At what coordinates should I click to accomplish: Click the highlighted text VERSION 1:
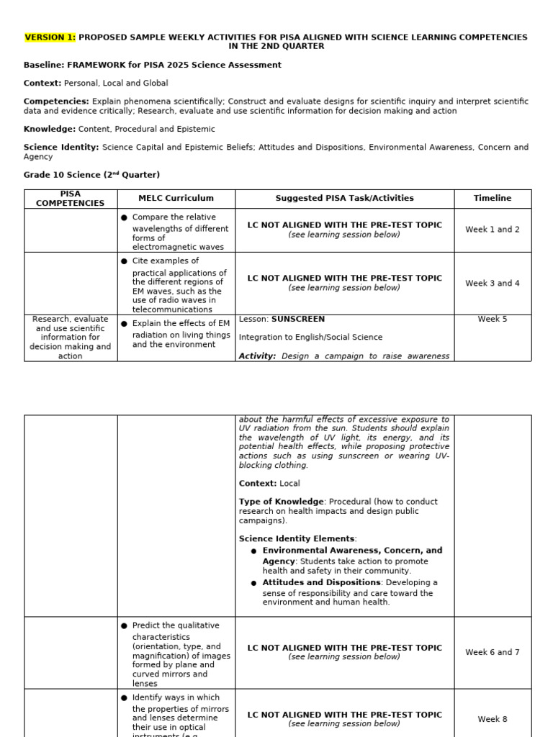[x=50, y=37]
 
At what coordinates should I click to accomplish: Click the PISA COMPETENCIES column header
[x=71, y=199]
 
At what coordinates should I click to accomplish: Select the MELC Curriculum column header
[x=176, y=199]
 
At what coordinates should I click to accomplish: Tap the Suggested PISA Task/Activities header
[x=344, y=199]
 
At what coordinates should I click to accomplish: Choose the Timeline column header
[x=493, y=199]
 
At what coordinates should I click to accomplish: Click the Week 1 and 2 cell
[x=493, y=230]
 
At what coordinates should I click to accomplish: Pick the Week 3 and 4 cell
[x=493, y=284]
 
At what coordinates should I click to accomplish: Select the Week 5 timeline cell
[x=493, y=320]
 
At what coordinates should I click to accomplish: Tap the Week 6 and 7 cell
[x=493, y=653]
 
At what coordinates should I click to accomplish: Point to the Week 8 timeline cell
[x=493, y=719]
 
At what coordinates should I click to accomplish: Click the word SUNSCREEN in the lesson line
[x=298, y=320]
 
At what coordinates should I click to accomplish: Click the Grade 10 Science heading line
[x=91, y=175]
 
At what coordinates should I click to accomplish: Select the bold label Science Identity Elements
[x=297, y=538]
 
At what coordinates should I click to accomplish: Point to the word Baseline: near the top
[x=44, y=65]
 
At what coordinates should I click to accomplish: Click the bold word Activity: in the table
[x=257, y=356]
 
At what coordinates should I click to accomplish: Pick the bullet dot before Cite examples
[x=125, y=261]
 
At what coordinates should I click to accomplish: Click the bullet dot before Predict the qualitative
[x=125, y=626]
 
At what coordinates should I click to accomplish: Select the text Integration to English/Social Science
[x=310, y=338]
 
